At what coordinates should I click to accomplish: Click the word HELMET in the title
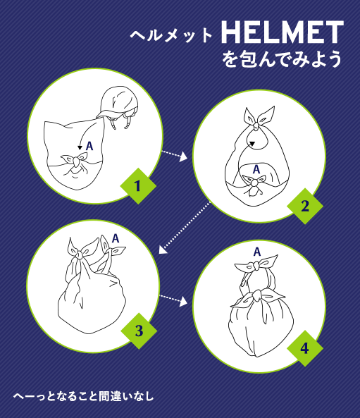(283, 32)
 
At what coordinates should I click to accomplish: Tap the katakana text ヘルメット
(171, 35)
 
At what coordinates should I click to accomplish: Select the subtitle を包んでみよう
(282, 59)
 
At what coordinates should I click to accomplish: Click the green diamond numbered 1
(138, 186)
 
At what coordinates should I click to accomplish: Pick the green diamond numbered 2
(305, 206)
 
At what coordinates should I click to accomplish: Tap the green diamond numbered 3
(139, 331)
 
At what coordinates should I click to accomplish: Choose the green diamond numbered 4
(305, 348)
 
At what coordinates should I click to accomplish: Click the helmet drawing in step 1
(118, 106)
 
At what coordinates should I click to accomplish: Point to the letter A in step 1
(89, 146)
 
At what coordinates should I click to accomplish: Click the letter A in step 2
(256, 169)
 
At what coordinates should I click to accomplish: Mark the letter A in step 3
(116, 238)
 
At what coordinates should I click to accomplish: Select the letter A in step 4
(257, 252)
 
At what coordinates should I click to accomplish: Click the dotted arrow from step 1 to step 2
(174, 155)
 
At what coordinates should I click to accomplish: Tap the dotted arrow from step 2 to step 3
(185, 228)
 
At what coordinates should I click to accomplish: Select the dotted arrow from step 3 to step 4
(173, 300)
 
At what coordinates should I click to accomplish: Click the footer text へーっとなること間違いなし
(84, 396)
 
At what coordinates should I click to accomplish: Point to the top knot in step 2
(255, 125)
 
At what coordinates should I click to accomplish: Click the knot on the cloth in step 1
(77, 161)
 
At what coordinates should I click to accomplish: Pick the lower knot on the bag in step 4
(257, 295)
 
